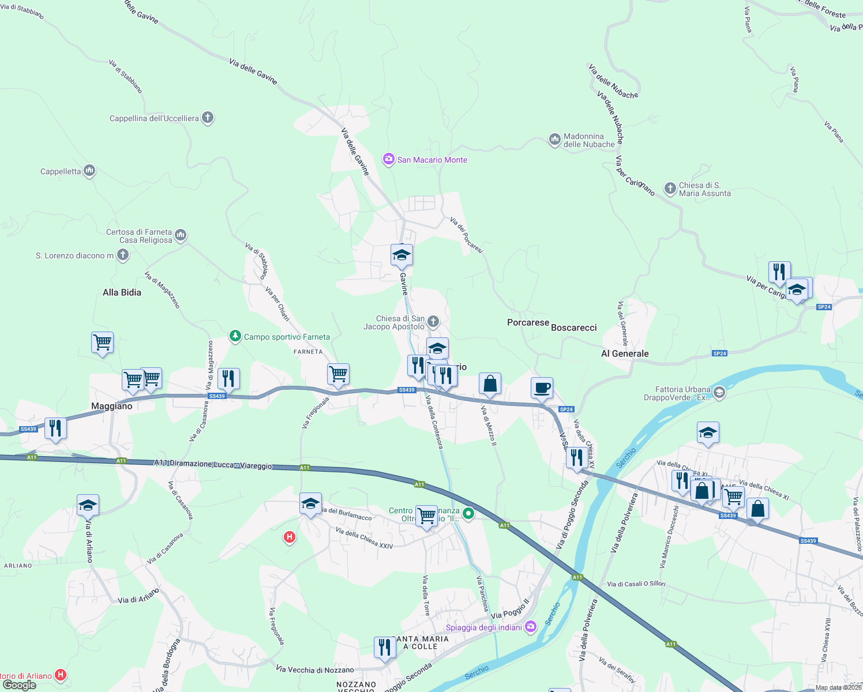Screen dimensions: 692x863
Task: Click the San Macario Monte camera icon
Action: pos(389,159)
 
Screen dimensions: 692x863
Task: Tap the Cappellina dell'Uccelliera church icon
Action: pos(208,118)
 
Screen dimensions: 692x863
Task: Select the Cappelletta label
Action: pos(61,171)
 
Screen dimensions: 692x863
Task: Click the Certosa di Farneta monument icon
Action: pos(181,235)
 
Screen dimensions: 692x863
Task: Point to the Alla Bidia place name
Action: pos(122,292)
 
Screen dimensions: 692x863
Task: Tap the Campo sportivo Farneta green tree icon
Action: pos(235,336)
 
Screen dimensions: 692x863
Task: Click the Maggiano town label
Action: pos(112,406)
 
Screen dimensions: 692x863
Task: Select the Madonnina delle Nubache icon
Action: pos(554,140)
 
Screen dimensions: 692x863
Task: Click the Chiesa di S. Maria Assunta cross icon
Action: pos(670,188)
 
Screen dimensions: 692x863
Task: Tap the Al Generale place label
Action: pos(625,353)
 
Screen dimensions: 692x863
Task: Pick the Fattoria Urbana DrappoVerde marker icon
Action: pos(719,393)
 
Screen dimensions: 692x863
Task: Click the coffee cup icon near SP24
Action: pos(542,388)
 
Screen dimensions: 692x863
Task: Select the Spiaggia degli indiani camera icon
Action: pos(531,627)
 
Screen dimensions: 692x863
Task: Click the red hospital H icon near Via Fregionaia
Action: pos(290,537)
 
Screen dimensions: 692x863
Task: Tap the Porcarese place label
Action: pos(528,322)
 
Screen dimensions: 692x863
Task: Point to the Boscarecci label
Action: pos(573,328)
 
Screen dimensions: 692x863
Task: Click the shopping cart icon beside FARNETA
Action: pos(338,374)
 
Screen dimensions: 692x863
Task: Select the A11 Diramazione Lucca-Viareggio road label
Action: pos(213,464)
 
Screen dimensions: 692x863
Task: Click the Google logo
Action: pos(20,685)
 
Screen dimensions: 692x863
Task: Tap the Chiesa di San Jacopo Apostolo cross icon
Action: pos(433,322)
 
